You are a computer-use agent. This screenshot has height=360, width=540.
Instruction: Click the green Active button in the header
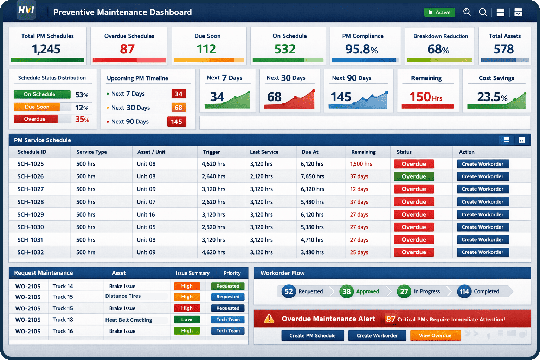click(439, 12)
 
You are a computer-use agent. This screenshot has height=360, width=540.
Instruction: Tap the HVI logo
click(26, 10)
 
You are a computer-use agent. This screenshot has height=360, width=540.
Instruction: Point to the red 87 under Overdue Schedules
click(127, 49)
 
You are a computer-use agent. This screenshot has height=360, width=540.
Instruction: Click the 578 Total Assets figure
click(504, 49)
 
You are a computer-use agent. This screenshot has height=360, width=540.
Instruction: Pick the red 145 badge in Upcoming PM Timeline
click(176, 122)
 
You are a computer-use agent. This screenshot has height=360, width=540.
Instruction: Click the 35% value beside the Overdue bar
click(82, 120)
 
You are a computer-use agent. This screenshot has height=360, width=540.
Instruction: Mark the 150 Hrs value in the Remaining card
click(426, 97)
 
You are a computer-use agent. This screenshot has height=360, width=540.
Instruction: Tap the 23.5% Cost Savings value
click(492, 97)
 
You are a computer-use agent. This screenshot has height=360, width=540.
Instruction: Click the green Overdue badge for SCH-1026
click(414, 176)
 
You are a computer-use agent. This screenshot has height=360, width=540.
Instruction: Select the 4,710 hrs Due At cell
click(312, 240)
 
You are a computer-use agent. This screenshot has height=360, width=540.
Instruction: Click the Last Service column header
click(264, 152)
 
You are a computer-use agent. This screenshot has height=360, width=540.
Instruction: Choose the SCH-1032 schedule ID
click(31, 252)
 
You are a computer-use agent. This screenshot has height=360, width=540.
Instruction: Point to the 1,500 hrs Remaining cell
click(361, 164)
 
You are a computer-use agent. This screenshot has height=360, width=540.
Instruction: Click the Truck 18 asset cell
click(63, 320)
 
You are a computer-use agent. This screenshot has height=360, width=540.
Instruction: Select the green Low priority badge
click(187, 320)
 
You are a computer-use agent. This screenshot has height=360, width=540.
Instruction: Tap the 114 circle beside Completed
click(464, 291)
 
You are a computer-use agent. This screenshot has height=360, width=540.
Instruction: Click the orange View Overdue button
click(435, 335)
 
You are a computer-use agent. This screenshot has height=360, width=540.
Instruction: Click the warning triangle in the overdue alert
click(269, 319)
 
